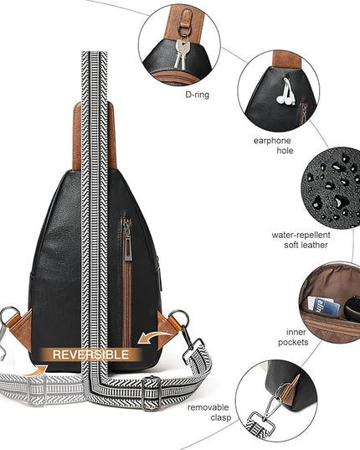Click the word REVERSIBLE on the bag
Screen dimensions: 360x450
tap(90, 354)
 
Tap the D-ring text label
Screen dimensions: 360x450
tap(198, 95)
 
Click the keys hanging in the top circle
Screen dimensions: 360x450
tap(181, 54)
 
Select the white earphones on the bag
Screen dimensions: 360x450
tap(285, 91)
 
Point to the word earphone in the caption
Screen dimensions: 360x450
tap(272, 141)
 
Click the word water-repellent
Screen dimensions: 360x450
tap(301, 235)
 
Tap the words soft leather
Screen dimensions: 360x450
tap(306, 245)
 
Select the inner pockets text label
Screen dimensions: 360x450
tap(294, 337)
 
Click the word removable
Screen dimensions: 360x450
tap(208, 407)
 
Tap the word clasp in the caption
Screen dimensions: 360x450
tap(221, 417)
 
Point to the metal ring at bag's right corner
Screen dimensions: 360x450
tap(179, 318)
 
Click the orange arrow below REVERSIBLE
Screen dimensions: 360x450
tap(36, 370)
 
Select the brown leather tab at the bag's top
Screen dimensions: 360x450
tap(95, 136)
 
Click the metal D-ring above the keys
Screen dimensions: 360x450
tap(183, 30)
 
